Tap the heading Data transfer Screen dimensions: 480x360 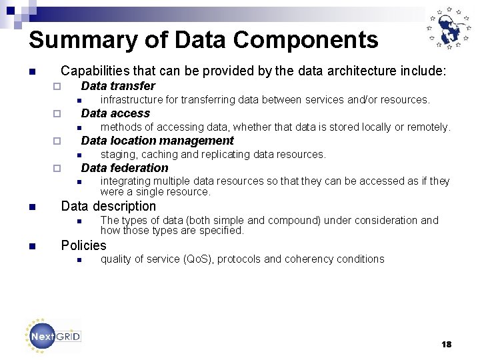coord(118,86)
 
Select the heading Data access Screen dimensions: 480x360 coord(115,113)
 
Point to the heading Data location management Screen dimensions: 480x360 coord(157,141)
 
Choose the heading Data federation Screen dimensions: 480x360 coord(125,168)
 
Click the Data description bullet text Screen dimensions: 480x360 coord(108,207)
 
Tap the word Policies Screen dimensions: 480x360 coord(83,245)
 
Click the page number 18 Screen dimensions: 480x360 coord(446,344)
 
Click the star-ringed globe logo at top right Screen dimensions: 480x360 coord(449,31)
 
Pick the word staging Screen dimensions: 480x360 coord(119,155)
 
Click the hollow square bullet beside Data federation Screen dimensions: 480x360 coord(57,168)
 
